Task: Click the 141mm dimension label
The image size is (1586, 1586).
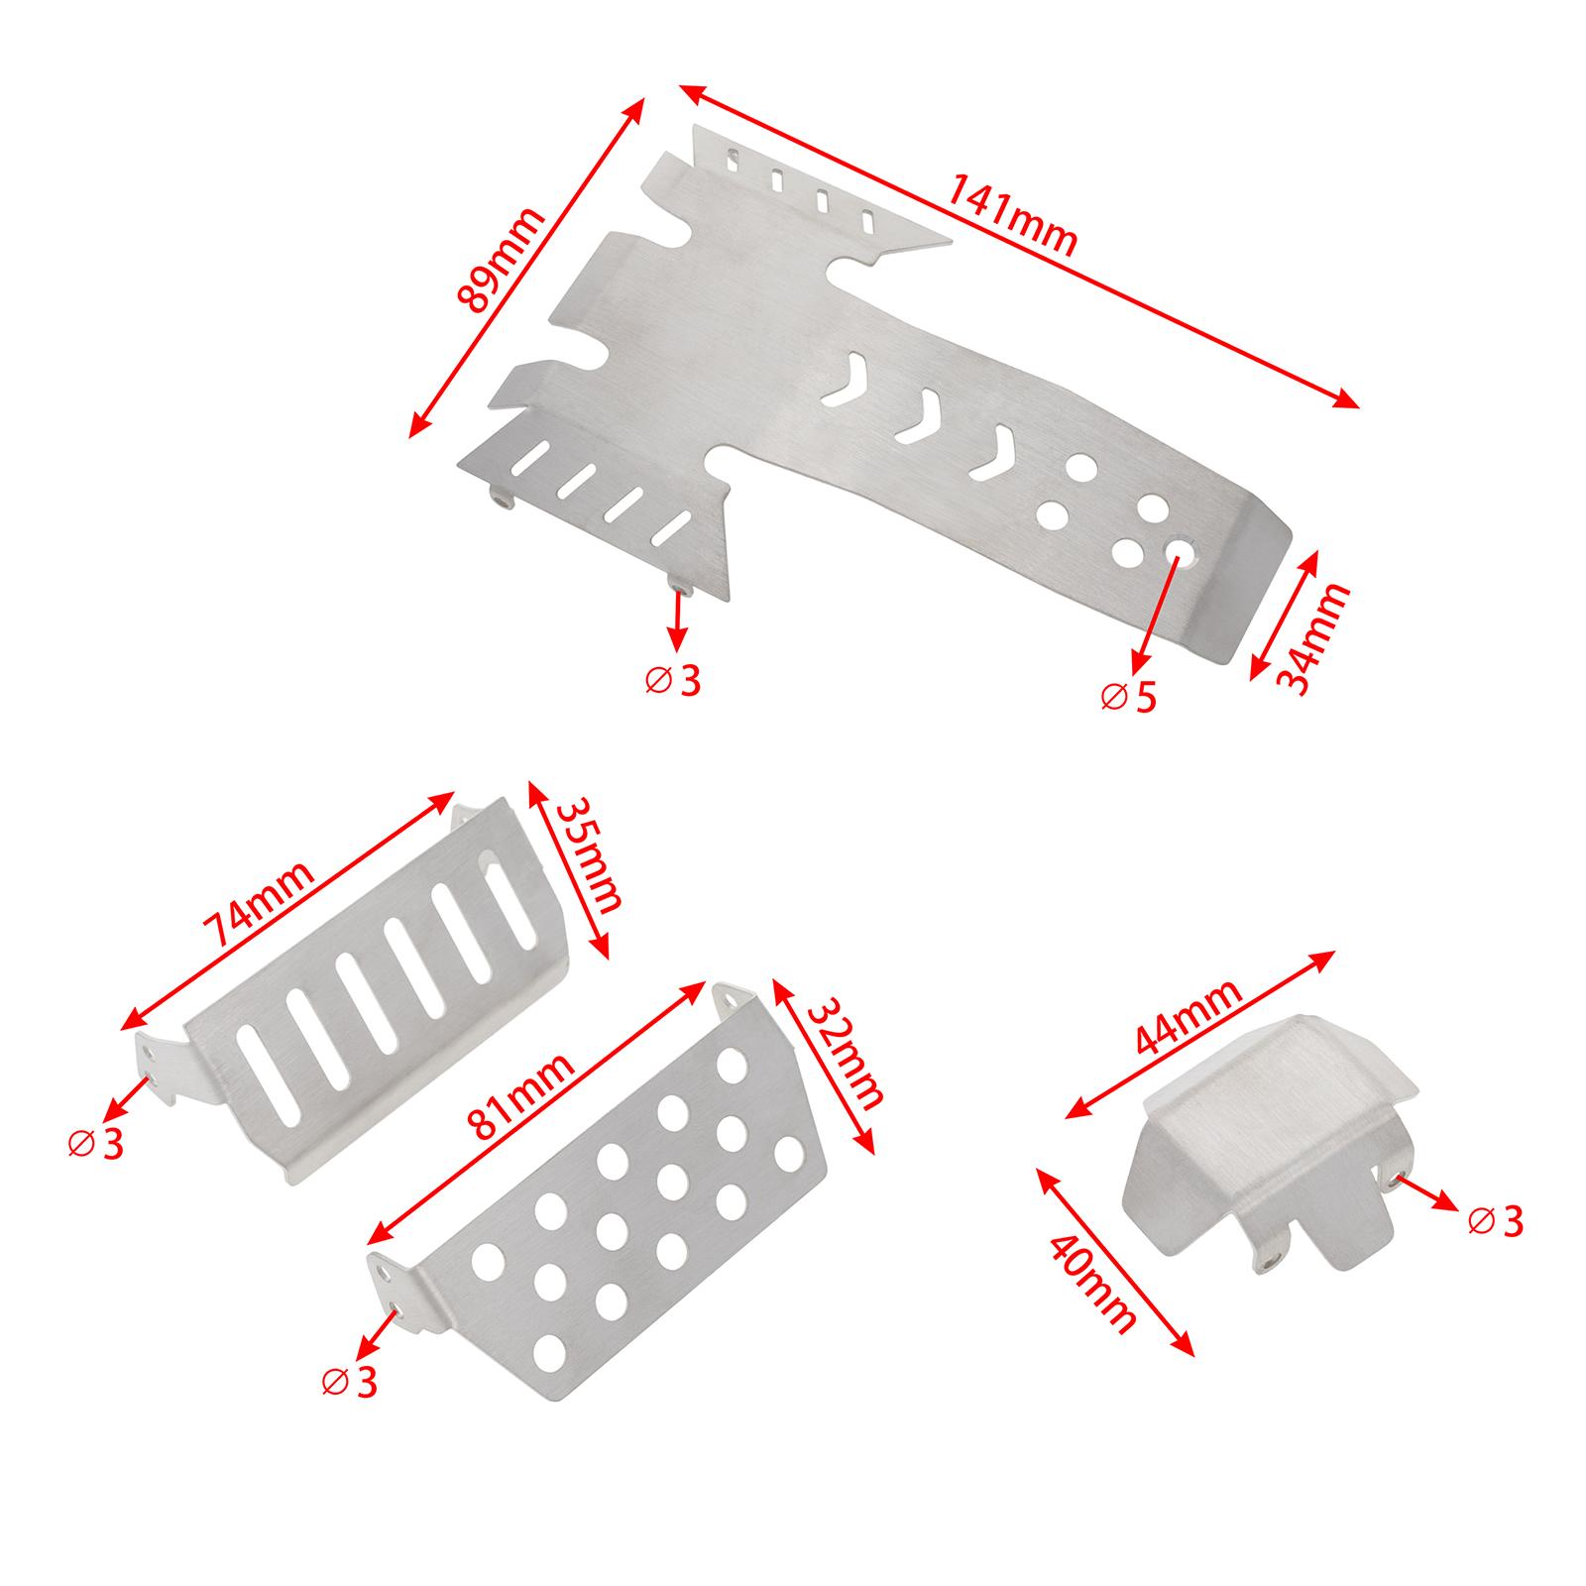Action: click(x=1012, y=214)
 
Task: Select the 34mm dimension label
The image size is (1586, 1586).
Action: click(x=1312, y=638)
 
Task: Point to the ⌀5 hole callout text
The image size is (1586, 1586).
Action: click(x=1128, y=697)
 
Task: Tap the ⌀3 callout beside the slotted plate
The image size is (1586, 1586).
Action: click(x=95, y=1144)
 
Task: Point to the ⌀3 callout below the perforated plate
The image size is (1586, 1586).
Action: click(x=350, y=1382)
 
